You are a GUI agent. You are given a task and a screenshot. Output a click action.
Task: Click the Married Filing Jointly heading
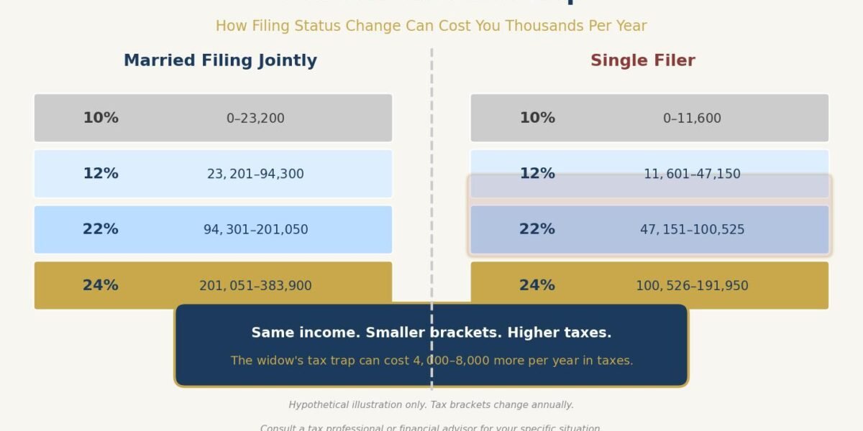coord(220,61)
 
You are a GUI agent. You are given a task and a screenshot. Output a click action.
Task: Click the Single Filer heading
coord(642,61)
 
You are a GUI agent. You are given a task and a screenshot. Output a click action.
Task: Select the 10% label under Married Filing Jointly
coord(101,118)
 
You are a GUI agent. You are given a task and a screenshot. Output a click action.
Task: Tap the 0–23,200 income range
coord(255,119)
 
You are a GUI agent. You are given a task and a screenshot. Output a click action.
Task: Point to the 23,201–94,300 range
coord(255,174)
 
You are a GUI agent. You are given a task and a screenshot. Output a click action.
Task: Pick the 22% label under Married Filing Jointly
coord(101,229)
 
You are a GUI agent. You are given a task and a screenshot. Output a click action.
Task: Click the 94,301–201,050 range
coord(255,230)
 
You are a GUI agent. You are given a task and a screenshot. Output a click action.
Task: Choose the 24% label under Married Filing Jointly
coord(101,285)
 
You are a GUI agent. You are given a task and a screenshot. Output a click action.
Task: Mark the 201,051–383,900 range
coord(255,286)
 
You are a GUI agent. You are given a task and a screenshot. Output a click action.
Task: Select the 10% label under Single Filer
coord(537,118)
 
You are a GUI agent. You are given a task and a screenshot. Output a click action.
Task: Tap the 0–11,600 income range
coord(692,119)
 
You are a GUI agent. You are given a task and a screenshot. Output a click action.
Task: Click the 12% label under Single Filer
coord(537,174)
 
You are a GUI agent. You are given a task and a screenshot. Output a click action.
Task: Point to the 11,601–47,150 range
coord(692,174)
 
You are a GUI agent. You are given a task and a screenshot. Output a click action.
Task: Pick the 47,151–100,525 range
coord(692,230)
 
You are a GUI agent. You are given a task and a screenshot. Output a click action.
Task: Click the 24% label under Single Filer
coord(537,285)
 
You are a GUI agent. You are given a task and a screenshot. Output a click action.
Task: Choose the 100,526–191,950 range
coord(692,286)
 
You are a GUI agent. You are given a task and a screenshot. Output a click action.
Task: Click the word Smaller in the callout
coord(395,333)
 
